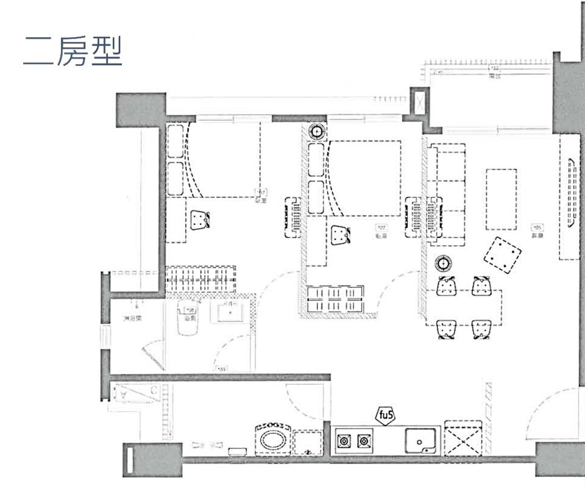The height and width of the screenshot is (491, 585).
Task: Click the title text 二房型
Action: pyautogui.click(x=73, y=51)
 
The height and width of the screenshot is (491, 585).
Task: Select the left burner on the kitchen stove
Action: pyautogui.click(x=345, y=440)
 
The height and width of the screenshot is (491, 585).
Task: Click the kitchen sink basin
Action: pyautogui.click(x=421, y=439)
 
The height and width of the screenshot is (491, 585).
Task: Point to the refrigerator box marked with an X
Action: pyautogui.click(x=465, y=438)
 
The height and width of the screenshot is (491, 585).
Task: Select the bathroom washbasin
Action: pyautogui.click(x=232, y=313)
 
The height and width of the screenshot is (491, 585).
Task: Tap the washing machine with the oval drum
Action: pyautogui.click(x=272, y=439)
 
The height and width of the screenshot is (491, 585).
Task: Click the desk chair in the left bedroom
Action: pyautogui.click(x=199, y=220)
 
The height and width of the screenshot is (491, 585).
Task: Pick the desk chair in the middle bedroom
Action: pyautogui.click(x=341, y=235)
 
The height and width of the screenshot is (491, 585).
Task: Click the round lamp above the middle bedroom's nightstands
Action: pyautogui.click(x=317, y=131)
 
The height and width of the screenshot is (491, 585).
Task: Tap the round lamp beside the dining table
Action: pyautogui.click(x=443, y=263)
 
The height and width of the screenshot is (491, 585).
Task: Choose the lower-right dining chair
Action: pyautogui.click(x=481, y=329)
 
